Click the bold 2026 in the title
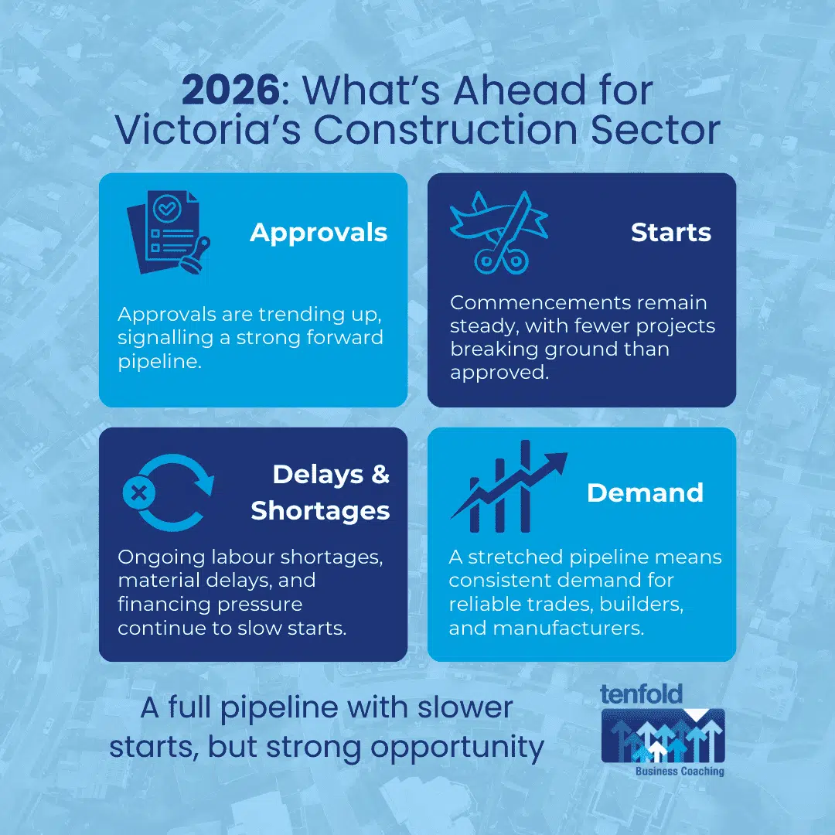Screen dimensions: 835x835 230,91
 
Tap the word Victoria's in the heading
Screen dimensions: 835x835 207,130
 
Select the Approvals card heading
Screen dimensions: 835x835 319,232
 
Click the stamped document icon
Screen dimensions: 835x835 168,233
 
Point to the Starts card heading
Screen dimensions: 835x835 670,232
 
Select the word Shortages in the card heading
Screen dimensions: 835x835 320,510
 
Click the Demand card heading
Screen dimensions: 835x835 645,492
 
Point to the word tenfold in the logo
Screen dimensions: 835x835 641,694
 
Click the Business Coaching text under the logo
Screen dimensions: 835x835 680,771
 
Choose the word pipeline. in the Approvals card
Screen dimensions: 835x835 160,362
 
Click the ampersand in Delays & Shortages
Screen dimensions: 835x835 380,474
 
